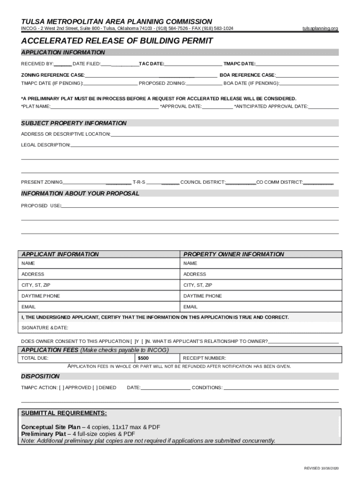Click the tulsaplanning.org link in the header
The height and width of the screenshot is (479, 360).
click(x=320, y=29)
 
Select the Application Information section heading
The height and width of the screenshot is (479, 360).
click(x=63, y=52)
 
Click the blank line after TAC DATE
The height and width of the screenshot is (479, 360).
click(x=193, y=64)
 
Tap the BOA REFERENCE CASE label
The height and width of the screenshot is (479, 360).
click(x=247, y=75)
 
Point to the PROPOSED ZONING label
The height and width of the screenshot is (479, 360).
click(x=162, y=83)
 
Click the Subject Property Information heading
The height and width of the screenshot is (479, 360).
click(x=74, y=123)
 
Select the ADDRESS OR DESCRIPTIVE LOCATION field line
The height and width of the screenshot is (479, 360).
click(x=224, y=135)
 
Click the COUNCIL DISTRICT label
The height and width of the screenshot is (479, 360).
click(x=203, y=182)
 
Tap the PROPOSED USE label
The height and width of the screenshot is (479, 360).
click(x=41, y=206)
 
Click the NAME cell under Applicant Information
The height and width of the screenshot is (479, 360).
click(x=99, y=263)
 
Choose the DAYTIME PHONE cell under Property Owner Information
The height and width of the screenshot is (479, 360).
click(x=261, y=296)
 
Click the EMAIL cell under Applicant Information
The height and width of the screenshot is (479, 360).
click(x=99, y=307)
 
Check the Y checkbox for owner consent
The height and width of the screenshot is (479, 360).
click(x=133, y=341)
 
